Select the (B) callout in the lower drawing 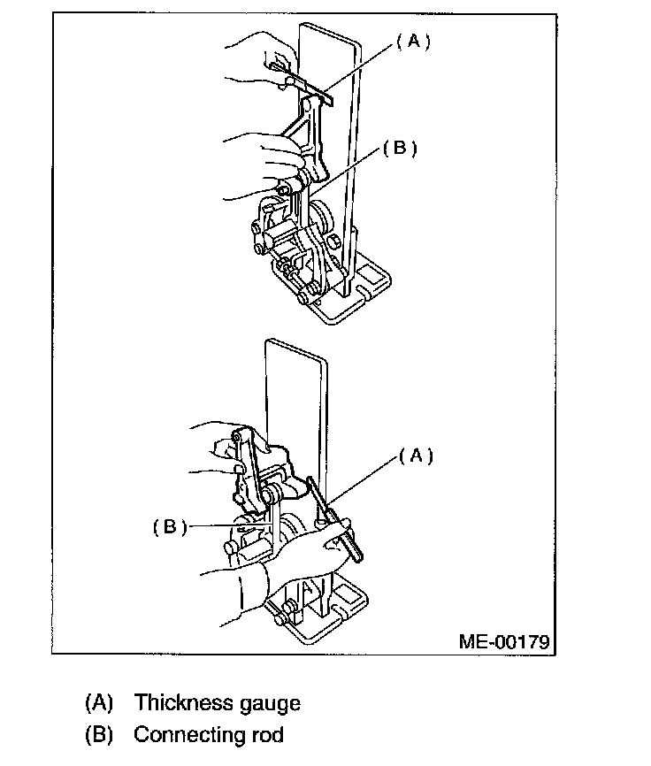coord(170,527)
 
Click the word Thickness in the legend coord(179,703)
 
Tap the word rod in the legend coord(265,735)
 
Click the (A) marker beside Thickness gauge coord(100,703)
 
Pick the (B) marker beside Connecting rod coord(100,735)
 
